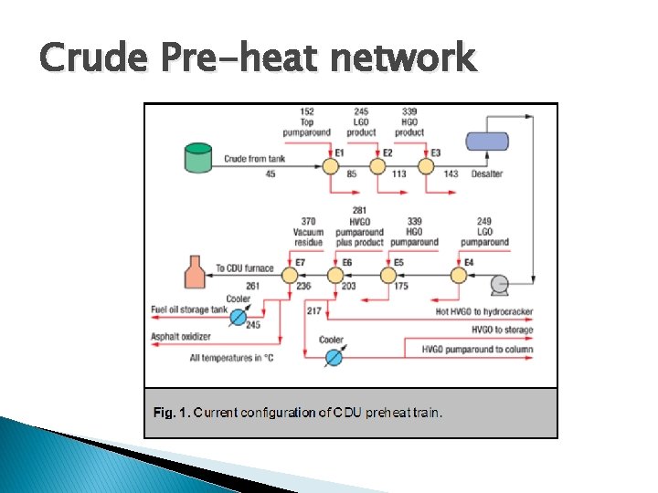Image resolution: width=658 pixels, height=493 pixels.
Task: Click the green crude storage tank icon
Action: pos(197,158)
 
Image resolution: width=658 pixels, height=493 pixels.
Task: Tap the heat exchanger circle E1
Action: pos(329,166)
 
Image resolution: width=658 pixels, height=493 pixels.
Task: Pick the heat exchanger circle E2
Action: pos(377,166)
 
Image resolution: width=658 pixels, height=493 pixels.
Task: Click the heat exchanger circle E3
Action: pos(425,166)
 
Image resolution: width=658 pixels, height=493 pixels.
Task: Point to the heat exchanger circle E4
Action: pos(458,274)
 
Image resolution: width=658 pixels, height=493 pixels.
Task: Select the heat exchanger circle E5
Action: pos(388,274)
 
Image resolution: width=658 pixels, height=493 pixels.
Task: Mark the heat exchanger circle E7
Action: pos(290,274)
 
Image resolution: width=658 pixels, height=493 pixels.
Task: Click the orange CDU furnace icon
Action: pos(195,270)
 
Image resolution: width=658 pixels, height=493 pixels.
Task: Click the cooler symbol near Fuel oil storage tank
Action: pos(238,316)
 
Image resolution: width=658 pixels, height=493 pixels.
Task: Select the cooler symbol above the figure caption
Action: pos(333,357)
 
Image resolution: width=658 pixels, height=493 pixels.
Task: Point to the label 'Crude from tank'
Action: pos(253,159)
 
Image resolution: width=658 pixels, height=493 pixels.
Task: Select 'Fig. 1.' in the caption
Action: pos(172,413)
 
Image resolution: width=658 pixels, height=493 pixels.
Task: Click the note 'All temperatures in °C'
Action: pos(231,358)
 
